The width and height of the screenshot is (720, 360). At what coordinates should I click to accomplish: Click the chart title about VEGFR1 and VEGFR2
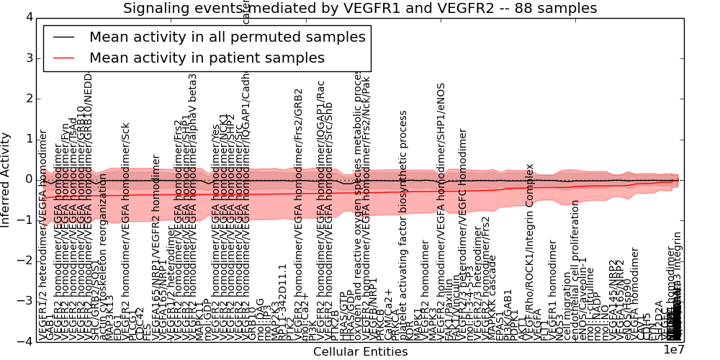point(360,8)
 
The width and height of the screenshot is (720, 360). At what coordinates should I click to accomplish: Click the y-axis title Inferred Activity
point(6,179)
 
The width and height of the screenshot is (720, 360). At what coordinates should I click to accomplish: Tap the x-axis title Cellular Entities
point(360,351)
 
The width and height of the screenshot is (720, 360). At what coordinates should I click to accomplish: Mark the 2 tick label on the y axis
point(28,99)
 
